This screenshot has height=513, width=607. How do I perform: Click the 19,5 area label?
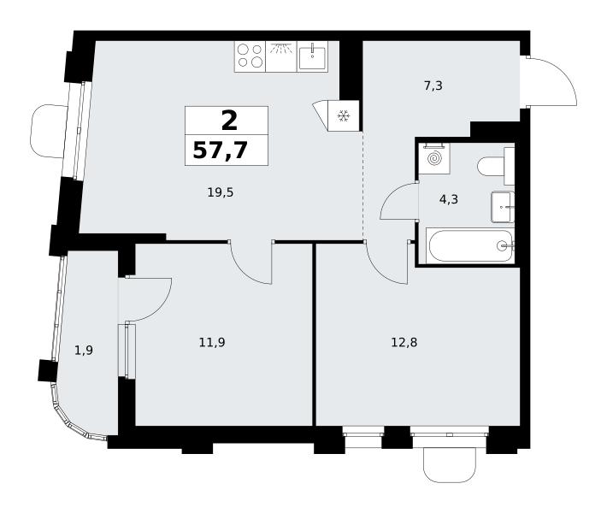click(x=221, y=192)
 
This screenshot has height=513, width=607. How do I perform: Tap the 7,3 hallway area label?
click(x=433, y=85)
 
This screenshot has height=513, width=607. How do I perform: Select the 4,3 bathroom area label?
click(x=449, y=199)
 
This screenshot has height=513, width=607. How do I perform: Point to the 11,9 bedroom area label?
click(x=212, y=342)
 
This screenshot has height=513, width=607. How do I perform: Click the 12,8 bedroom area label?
click(x=404, y=342)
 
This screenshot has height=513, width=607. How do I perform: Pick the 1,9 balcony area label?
click(x=84, y=351)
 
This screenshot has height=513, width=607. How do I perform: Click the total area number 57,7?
click(x=220, y=150)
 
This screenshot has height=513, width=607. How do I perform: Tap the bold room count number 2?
click(x=229, y=121)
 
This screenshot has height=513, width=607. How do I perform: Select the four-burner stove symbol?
click(x=250, y=56)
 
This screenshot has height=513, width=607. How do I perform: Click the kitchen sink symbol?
click(x=312, y=56)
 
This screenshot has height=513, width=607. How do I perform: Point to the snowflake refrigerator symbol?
click(x=344, y=115)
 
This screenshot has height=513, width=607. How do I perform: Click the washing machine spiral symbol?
click(x=434, y=159)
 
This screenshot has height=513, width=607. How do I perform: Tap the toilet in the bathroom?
click(x=496, y=167)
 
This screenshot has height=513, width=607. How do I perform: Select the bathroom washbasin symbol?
click(x=503, y=207)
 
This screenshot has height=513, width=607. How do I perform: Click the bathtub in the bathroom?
click(x=470, y=245)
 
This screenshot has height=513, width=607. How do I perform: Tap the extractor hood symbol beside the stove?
click(x=281, y=56)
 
